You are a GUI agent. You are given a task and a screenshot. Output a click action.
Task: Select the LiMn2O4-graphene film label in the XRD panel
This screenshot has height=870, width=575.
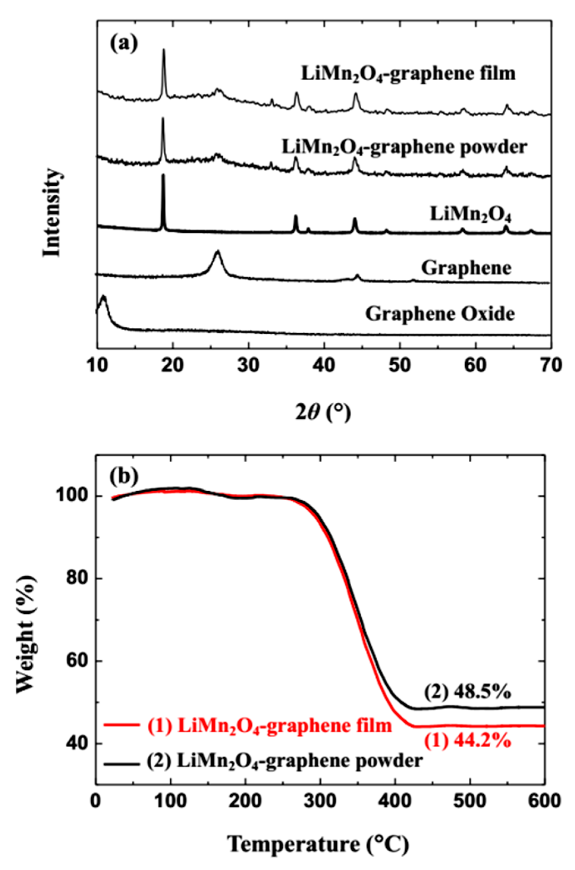[x=408, y=74]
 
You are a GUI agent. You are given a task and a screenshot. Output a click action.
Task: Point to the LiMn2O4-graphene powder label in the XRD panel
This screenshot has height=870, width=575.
[x=404, y=147]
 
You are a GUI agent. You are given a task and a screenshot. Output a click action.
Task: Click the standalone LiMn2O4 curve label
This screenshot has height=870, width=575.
[x=470, y=215]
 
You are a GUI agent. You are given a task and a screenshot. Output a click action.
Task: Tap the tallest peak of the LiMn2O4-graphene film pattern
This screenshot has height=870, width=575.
[x=163, y=50]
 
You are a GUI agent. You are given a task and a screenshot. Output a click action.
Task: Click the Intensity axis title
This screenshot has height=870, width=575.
[x=51, y=213]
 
